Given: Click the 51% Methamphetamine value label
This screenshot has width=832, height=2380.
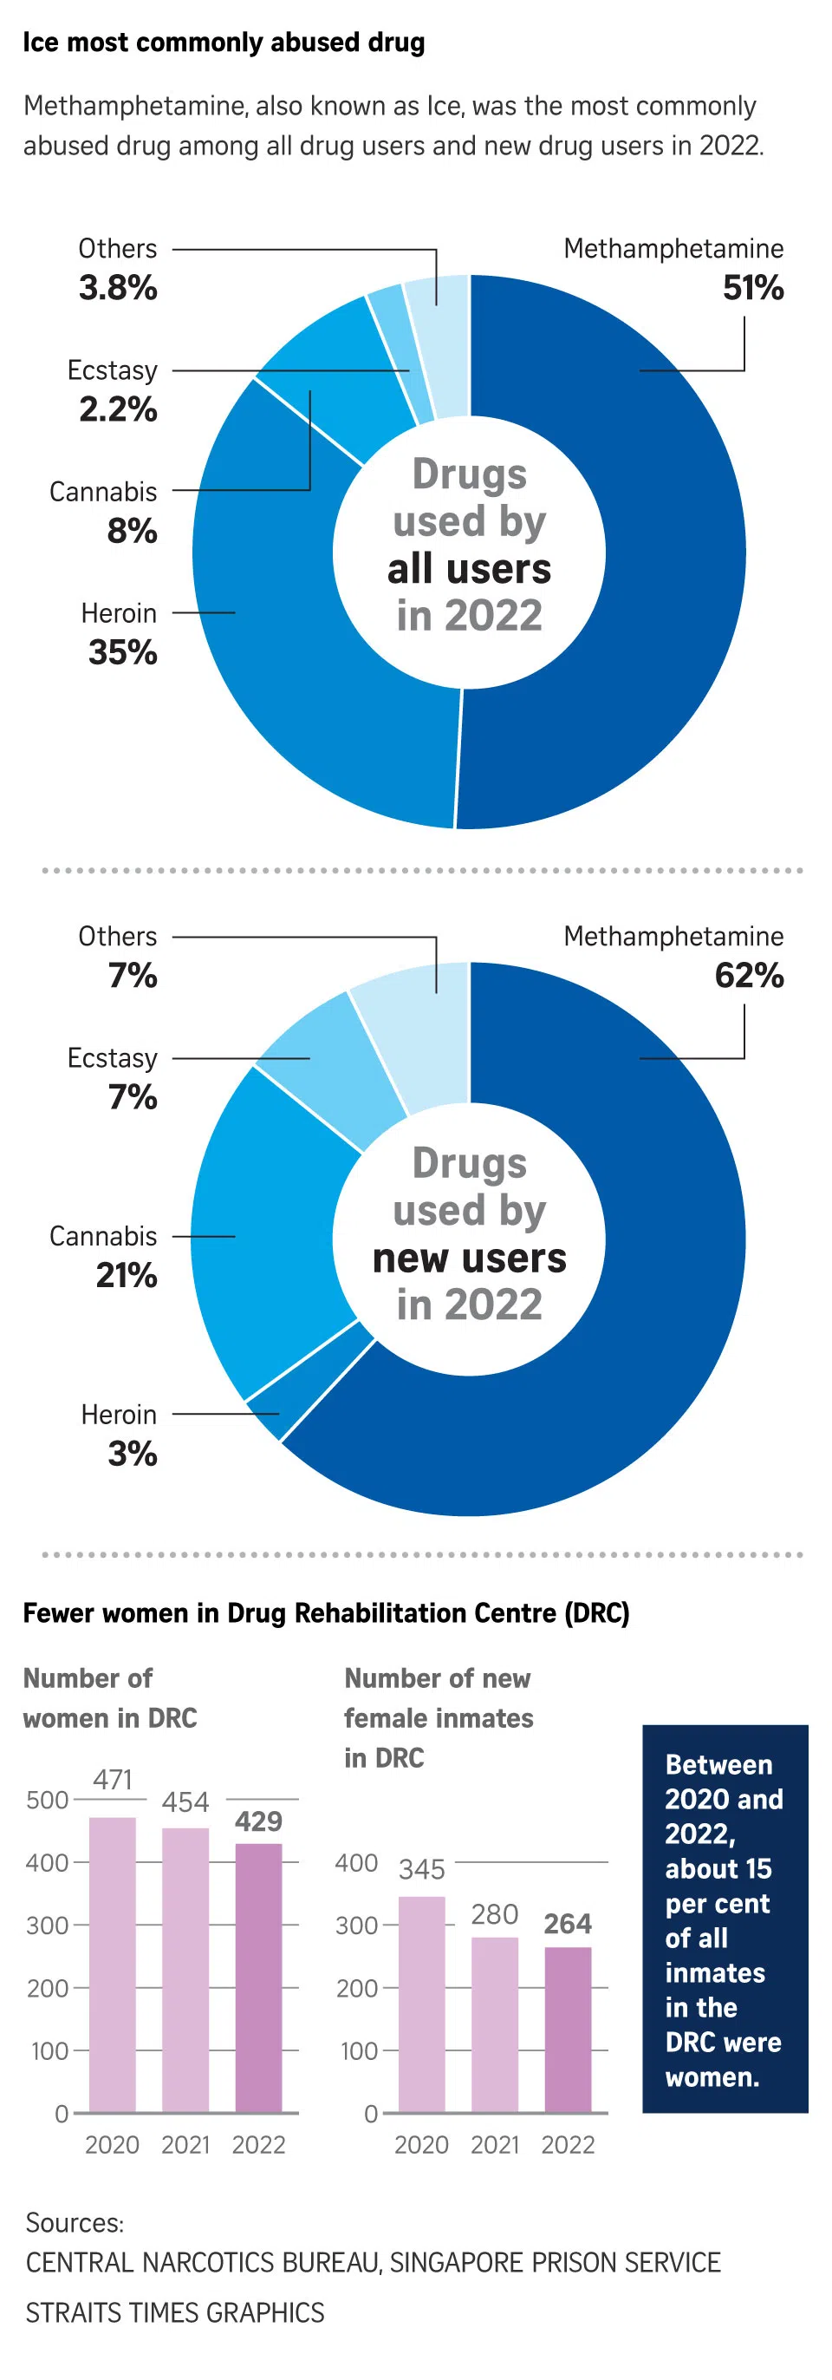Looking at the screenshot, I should [x=752, y=288].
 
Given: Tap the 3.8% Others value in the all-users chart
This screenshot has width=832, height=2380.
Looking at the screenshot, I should [x=117, y=288].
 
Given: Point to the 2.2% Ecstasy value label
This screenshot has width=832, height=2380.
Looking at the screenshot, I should [x=117, y=409].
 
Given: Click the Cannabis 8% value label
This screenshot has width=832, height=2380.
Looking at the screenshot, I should [x=132, y=531].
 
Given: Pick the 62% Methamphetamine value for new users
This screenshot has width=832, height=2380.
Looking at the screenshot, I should [x=748, y=976].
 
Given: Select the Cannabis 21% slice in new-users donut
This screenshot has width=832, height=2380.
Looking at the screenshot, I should [x=268, y=1229].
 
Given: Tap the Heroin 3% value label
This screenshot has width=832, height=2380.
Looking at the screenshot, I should [x=132, y=1455].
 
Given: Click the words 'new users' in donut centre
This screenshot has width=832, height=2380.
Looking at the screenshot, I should [x=469, y=1259].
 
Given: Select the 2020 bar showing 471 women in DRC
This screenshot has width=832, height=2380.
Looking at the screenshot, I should [x=113, y=1965].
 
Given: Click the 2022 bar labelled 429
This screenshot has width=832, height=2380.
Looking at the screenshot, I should [x=258, y=1978].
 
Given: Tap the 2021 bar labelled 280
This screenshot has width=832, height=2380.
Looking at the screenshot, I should [x=495, y=2024].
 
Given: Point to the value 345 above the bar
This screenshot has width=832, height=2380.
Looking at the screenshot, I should [x=422, y=1870].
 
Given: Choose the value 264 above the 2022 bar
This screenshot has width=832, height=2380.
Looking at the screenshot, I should [x=567, y=1924].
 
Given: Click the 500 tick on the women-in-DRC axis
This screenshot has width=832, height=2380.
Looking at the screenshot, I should [x=47, y=1800].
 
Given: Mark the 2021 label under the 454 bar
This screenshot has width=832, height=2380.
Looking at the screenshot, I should [x=185, y=2144].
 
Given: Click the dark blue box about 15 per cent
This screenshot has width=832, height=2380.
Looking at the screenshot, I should [x=725, y=1919].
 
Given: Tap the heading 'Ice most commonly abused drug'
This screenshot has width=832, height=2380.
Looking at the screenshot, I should [x=224, y=42].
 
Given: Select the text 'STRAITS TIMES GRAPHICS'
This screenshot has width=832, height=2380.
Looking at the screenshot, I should [x=174, y=2312].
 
